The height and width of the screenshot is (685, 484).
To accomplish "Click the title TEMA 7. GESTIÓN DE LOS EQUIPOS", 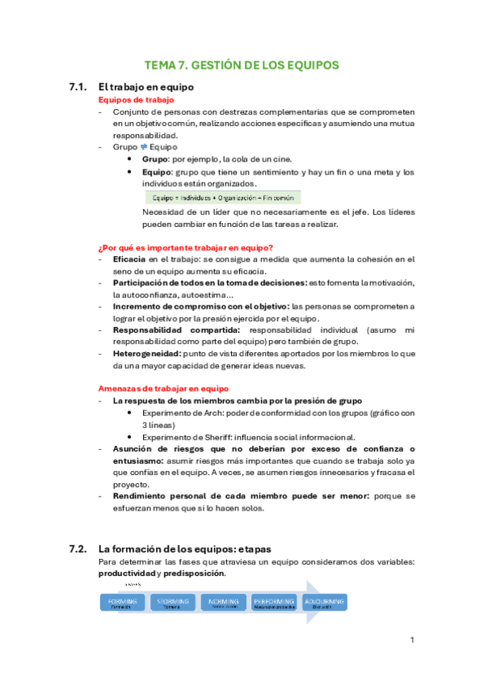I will (242, 65).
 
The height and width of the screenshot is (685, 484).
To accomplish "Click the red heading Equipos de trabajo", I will (130, 99).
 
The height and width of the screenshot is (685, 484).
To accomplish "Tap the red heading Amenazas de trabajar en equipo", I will (163, 388).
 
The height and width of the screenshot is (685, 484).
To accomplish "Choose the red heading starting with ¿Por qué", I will (185, 247).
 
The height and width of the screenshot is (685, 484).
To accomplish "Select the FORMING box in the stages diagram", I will (121, 603).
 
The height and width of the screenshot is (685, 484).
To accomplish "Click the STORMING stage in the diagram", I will (172, 603).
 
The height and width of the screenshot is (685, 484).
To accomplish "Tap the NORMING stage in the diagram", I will (222, 603).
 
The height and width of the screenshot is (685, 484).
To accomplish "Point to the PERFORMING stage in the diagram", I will (273, 603).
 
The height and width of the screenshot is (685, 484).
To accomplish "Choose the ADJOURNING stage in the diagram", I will (322, 603).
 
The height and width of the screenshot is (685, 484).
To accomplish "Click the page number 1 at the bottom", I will (412, 641).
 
